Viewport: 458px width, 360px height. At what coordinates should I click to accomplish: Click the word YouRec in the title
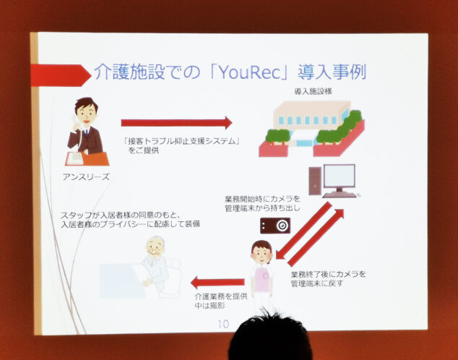(249, 72)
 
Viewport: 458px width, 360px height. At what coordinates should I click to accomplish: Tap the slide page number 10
(223, 324)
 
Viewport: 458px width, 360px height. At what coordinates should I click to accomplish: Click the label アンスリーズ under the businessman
(86, 177)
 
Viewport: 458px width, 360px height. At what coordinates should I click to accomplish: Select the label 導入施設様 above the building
(313, 92)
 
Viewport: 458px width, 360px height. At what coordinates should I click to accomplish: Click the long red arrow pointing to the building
(176, 123)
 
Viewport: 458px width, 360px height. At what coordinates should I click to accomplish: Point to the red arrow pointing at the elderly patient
(217, 282)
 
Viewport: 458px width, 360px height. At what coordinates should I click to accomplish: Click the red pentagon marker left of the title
(61, 75)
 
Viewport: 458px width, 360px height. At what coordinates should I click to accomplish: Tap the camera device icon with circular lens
(275, 226)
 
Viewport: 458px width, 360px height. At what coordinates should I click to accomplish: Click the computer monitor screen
(340, 176)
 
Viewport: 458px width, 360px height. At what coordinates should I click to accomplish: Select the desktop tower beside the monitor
(315, 181)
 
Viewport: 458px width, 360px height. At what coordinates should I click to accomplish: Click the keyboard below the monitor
(340, 194)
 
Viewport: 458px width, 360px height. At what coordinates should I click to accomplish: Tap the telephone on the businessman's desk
(75, 158)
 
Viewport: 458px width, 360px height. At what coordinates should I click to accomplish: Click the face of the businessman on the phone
(86, 114)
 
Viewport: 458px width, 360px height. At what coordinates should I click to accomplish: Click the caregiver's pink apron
(262, 279)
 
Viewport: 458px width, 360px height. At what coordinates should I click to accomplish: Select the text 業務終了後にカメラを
(328, 275)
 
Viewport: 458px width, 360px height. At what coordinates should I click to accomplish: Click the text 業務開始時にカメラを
(262, 199)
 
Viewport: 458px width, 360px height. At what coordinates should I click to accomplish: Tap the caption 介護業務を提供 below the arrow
(221, 296)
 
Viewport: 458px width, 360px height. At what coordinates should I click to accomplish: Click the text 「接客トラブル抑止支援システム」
(181, 141)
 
